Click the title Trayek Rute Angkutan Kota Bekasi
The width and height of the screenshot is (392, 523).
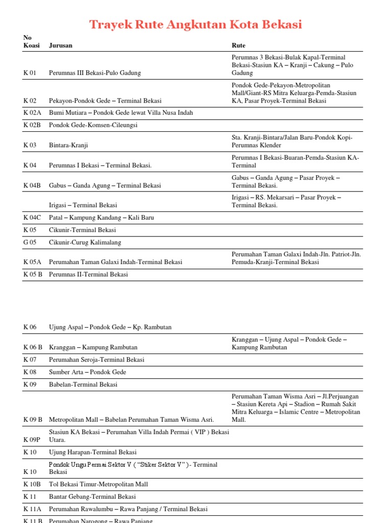pos(195,24)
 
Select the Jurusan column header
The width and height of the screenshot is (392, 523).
pos(60,45)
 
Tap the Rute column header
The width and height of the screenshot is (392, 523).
pos(238,45)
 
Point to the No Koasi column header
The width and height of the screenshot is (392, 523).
pos(31,41)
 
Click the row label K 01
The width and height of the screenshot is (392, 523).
pos(30,73)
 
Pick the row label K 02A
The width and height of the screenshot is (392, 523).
pos(32,113)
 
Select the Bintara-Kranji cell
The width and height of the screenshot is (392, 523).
pos(68,146)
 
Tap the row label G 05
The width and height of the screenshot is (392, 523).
pos(30,243)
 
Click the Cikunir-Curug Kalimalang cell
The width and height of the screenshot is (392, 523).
pos(85,243)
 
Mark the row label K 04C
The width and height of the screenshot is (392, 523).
pos(32,218)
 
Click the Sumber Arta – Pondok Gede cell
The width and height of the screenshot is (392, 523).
pos(87,372)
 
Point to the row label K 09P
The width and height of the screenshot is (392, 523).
pos(32,439)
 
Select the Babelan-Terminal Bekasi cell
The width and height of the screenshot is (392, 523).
pos(83,385)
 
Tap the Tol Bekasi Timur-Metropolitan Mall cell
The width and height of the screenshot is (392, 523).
pos(98,484)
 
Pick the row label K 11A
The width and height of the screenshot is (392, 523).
pos(32,509)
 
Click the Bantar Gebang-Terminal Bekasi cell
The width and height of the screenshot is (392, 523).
pos(92,496)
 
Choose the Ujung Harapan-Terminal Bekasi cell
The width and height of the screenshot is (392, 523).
pos(92,453)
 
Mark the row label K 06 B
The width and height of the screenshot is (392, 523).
pos(33,347)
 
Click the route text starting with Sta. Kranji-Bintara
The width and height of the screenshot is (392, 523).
pos(292,141)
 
